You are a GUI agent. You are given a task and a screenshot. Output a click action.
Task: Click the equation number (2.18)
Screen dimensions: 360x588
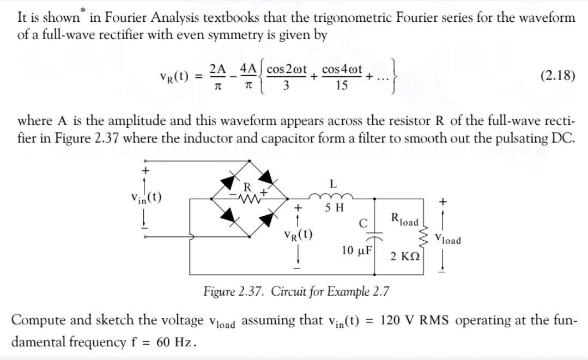click(x=557, y=75)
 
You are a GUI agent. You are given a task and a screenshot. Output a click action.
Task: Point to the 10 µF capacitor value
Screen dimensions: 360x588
click(x=356, y=251)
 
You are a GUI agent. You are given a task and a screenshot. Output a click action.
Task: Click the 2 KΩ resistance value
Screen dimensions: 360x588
click(x=404, y=257)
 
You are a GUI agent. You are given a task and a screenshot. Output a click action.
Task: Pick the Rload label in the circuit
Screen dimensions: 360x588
click(x=405, y=221)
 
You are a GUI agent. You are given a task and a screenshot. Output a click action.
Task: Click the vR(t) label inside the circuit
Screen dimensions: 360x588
click(x=298, y=235)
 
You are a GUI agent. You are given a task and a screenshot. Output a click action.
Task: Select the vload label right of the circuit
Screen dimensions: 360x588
click(x=448, y=239)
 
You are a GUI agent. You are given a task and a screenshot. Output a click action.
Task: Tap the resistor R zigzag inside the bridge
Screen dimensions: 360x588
click(x=248, y=199)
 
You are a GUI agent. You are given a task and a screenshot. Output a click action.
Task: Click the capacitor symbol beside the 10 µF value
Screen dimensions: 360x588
click(x=374, y=237)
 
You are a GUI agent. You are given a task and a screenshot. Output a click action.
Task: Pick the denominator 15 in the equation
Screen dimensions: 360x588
click(x=342, y=86)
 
